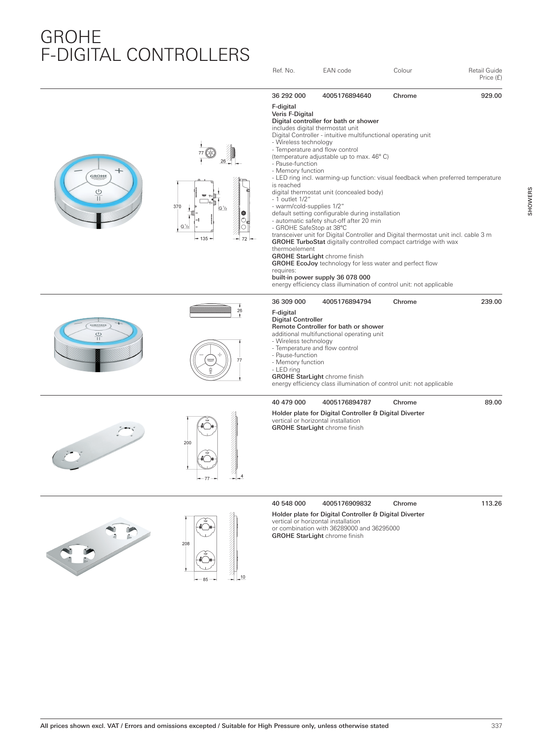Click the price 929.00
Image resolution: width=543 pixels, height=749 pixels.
[x=491, y=96]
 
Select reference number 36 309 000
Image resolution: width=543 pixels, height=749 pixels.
[x=289, y=302]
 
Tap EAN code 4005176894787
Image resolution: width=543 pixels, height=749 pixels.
[x=347, y=403]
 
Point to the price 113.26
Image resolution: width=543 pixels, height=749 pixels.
[x=491, y=504]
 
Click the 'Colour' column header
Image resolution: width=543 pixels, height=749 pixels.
[x=402, y=71]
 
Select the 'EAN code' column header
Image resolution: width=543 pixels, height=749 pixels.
[x=337, y=71]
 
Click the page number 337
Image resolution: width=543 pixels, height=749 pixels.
[x=497, y=726]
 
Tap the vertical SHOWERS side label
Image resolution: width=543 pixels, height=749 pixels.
[x=530, y=201]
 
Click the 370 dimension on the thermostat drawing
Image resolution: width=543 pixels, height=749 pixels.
[x=177, y=206]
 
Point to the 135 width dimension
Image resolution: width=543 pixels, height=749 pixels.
[x=204, y=239]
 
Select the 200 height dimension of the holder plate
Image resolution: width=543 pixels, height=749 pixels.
[x=187, y=443]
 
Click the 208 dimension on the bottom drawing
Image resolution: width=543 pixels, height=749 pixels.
[x=186, y=544]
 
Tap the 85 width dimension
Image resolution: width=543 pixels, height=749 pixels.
[x=205, y=580]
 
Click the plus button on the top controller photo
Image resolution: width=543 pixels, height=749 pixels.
[x=119, y=171]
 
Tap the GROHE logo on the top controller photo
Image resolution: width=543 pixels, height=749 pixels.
[x=98, y=176]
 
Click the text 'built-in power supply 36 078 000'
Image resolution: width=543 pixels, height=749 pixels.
[x=321, y=278]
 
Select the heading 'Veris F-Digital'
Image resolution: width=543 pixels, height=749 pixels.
[x=292, y=114]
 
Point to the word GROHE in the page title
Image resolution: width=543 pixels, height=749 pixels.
[x=71, y=37]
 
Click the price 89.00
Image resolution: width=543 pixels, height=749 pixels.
[x=493, y=403]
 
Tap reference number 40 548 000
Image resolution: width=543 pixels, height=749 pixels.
[x=289, y=504]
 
